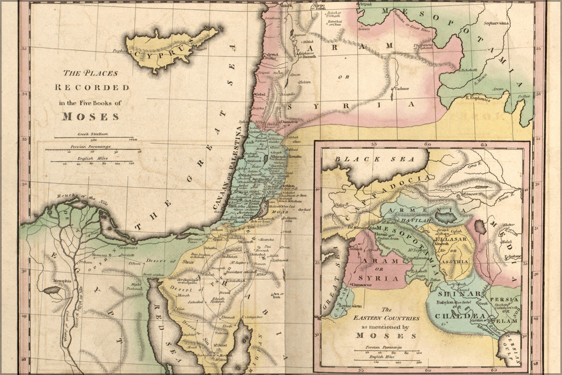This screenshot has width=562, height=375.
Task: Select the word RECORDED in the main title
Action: point(92,87)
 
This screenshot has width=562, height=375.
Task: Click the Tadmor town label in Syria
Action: point(401,88)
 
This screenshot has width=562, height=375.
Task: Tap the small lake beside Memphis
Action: point(52,290)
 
